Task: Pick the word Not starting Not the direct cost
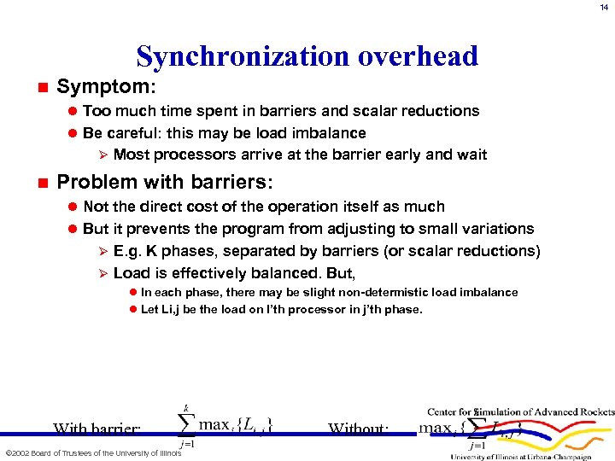(x=96, y=207)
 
